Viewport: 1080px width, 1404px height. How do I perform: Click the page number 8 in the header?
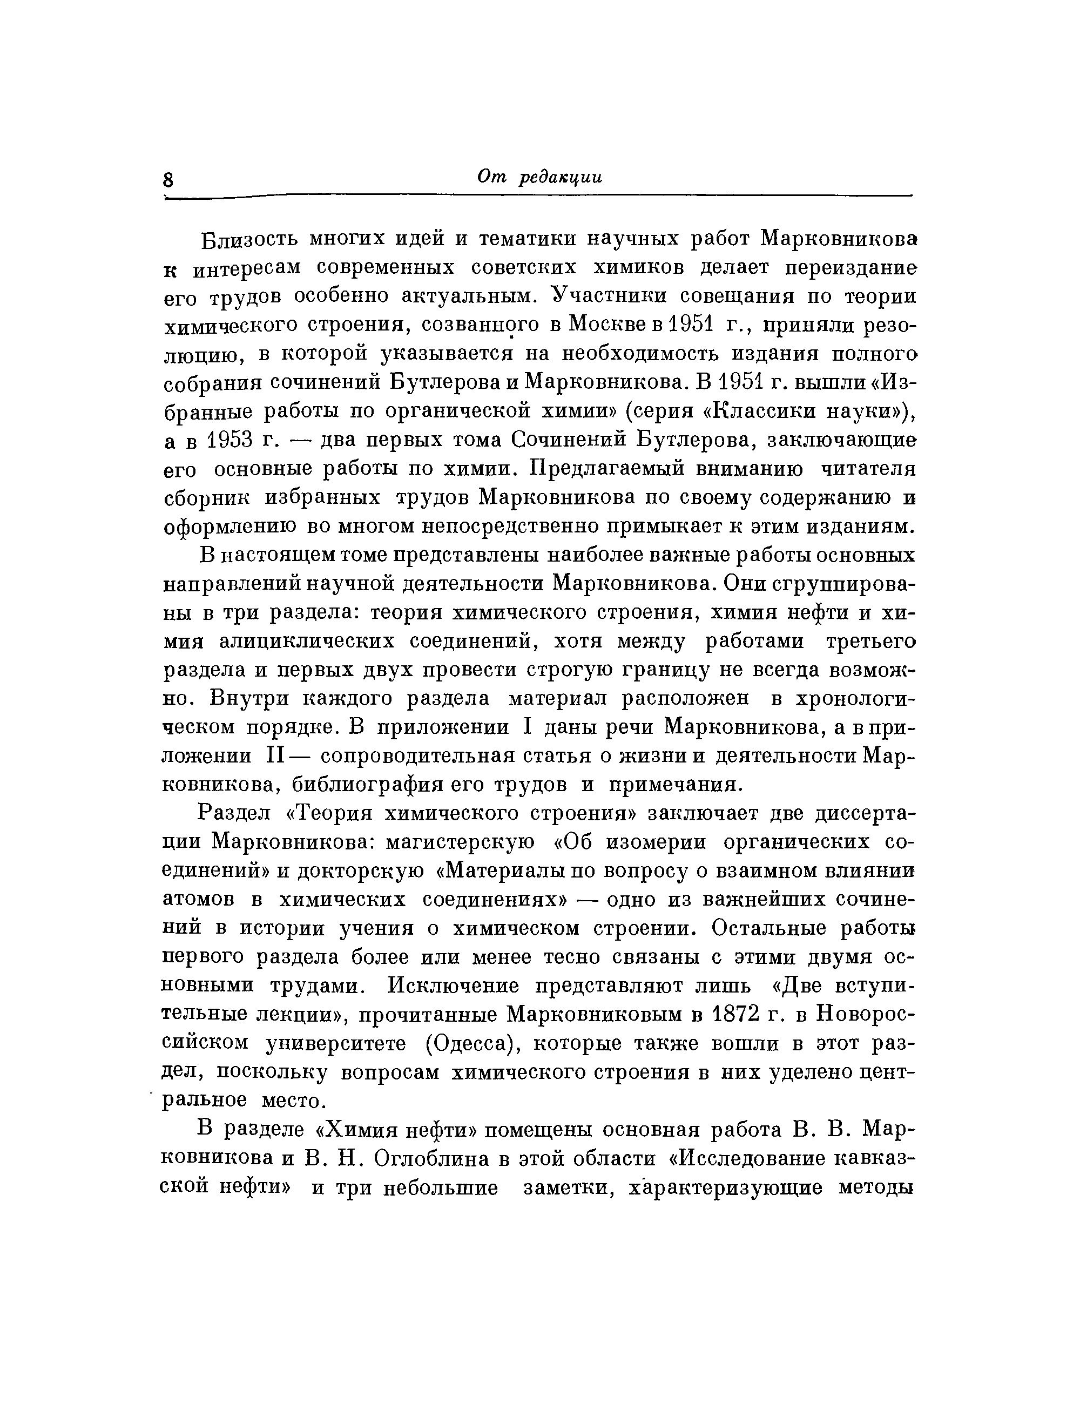coord(169,179)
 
